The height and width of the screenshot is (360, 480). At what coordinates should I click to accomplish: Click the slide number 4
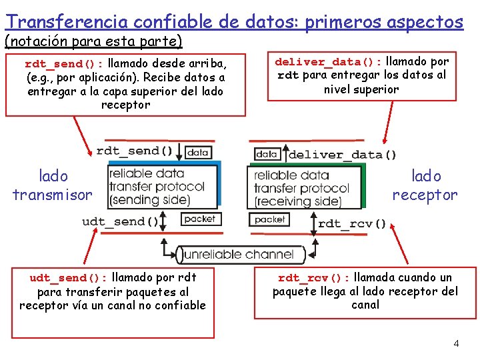coord(456,343)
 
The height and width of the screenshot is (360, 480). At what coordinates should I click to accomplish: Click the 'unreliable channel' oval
coord(237,254)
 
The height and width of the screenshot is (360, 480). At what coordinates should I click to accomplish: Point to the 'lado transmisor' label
coord(53,185)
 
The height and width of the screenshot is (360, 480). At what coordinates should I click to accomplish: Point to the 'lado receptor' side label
coord(425,185)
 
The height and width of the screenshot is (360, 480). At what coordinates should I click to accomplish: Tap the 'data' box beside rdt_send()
coord(197,152)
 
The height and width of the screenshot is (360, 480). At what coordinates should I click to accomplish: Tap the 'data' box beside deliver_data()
coord(267,154)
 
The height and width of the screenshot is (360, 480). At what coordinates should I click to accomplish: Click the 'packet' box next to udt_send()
coord(199,219)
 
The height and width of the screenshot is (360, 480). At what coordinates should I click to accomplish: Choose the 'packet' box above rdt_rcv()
coord(270,219)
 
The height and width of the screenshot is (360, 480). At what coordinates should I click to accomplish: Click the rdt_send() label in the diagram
coord(135,151)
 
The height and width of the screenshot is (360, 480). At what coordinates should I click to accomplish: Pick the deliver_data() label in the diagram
coord(342,155)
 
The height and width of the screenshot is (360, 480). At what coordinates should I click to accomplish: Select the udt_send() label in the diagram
coord(121,221)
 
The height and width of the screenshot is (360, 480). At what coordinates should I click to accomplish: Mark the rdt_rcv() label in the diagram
coord(351,223)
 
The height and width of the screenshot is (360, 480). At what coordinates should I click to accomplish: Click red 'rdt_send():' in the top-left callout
coord(63,65)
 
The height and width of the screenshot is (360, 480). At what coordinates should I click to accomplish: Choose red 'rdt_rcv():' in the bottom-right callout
coord(313,278)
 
